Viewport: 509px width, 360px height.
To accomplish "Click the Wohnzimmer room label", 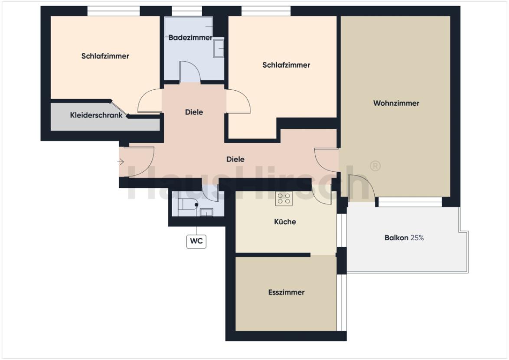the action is point(396,103).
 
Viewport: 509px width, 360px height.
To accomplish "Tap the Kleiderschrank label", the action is point(96,115).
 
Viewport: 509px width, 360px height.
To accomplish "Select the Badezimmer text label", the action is point(190,38).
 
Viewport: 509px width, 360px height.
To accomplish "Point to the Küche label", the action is point(285,222).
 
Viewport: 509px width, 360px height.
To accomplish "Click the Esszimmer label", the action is point(286,292).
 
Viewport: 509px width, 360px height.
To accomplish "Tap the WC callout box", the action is point(196,241).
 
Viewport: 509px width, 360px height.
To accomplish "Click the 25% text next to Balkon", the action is point(417,238).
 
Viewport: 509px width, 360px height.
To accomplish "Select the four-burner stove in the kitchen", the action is point(284,199).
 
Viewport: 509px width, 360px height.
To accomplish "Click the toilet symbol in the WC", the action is point(188,205).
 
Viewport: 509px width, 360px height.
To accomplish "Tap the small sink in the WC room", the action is point(206,212).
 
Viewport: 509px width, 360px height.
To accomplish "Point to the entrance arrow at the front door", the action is point(121,162).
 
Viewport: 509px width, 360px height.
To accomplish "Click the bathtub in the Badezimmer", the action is point(189,26).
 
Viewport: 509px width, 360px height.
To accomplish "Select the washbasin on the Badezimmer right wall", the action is point(219,48).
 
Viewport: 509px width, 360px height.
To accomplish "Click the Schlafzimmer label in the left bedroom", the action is point(105,56).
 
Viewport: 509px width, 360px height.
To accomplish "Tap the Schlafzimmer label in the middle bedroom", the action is point(286,65).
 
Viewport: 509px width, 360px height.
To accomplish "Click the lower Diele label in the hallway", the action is point(235,159).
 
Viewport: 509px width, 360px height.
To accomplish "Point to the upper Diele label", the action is point(194,112).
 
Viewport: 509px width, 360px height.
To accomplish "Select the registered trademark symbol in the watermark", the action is point(375,166).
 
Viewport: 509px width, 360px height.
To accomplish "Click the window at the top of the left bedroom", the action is point(114,11).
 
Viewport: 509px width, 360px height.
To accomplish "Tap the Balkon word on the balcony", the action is point(396,238).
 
